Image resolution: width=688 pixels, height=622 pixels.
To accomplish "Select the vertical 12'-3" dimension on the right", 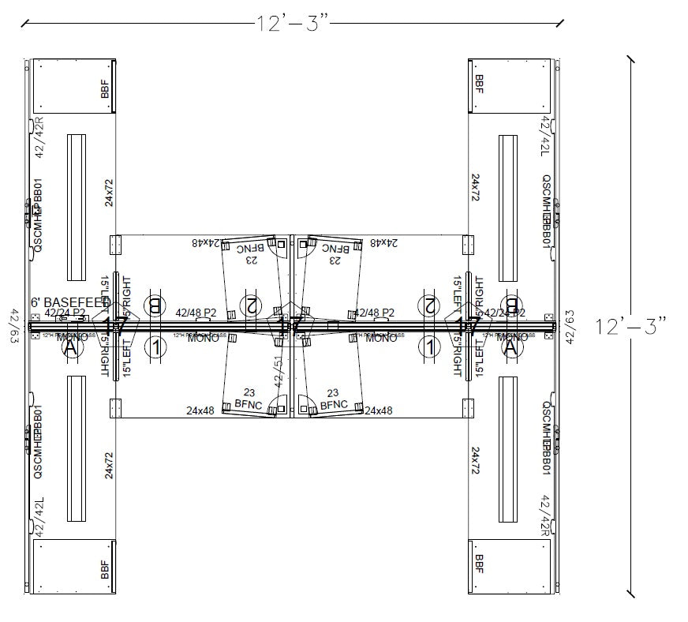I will coord(631,325).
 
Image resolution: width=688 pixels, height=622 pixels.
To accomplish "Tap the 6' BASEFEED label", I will coord(70,302).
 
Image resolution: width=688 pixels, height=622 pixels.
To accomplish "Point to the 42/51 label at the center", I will coord(278,369).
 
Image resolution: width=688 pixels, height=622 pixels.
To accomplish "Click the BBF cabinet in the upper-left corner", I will coord(73,85).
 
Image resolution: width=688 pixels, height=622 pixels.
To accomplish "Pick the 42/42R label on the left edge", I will coord(39,137).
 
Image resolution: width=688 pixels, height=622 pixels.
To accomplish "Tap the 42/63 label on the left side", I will coord(13,324).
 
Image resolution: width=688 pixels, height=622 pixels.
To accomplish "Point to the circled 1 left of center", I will coord(157,345).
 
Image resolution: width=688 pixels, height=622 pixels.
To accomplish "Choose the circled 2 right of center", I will coord(430,305).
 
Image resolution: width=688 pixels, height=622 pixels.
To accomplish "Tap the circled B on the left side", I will coord(155,305).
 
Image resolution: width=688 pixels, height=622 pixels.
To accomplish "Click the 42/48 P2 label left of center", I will coord(196,313).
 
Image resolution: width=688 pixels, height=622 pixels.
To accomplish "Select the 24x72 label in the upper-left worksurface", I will coord(109,192).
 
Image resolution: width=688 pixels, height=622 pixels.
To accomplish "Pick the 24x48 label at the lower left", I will coord(200,410).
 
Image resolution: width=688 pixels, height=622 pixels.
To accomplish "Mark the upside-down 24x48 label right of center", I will coord(384,243).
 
